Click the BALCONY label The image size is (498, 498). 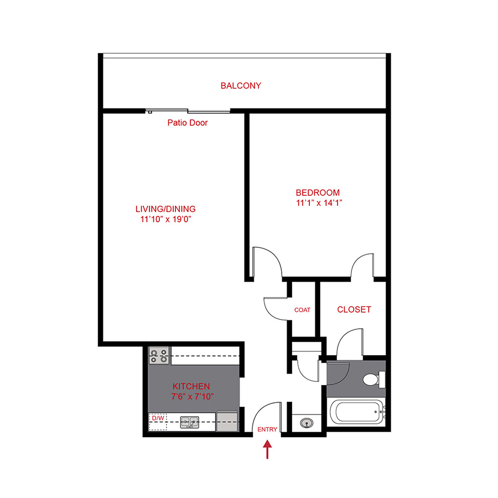tap(241, 86)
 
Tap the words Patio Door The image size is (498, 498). tap(188, 123)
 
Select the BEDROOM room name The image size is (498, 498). tap(318, 193)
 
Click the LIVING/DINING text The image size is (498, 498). tap(165, 209)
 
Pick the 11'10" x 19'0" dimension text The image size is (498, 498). tap(165, 219)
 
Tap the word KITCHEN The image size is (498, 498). tap(191, 386)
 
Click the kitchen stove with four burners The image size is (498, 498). tap(159, 355)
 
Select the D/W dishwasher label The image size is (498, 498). tap(158, 418)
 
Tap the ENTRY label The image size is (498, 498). tap(267, 429)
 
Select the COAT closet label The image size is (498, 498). tap(302, 310)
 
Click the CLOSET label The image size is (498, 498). tap(354, 309)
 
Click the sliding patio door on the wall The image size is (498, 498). tap(188, 111)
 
